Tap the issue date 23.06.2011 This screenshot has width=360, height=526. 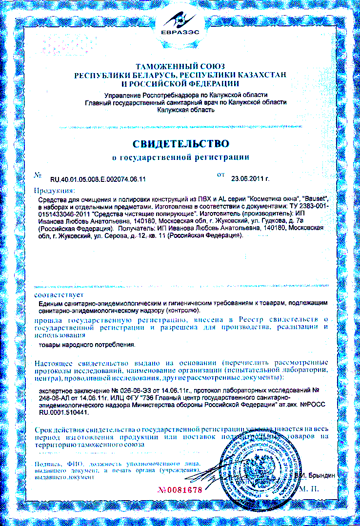click(x=250, y=179)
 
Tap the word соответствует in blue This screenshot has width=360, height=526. click(x=59, y=295)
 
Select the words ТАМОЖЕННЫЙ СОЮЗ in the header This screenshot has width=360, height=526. click(x=180, y=66)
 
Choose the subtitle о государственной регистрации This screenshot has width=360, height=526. click(x=180, y=157)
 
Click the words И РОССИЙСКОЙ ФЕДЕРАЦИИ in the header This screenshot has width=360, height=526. click(x=180, y=83)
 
